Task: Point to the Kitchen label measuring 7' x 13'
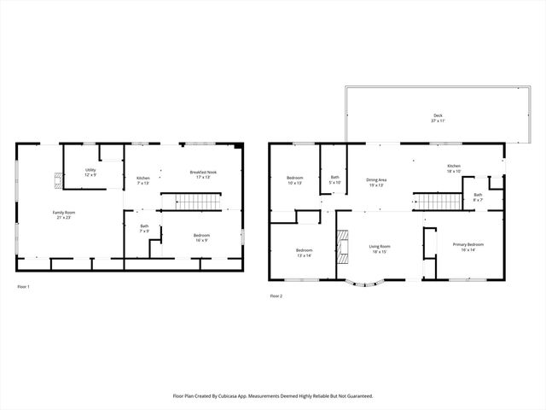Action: click(143, 180)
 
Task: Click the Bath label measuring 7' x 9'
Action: click(144, 228)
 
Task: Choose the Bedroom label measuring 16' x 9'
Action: click(201, 237)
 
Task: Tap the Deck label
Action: click(438, 118)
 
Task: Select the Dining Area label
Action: click(377, 182)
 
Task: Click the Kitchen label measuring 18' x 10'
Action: click(454, 168)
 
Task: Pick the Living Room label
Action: click(379, 249)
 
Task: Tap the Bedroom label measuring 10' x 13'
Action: click(294, 179)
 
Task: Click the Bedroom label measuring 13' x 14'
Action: click(293, 252)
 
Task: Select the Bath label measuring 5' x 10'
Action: click(334, 179)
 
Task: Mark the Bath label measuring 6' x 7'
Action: click(478, 197)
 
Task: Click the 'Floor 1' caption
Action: click(24, 286)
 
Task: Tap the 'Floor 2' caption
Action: click(276, 296)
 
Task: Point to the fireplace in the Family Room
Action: click(58, 179)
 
